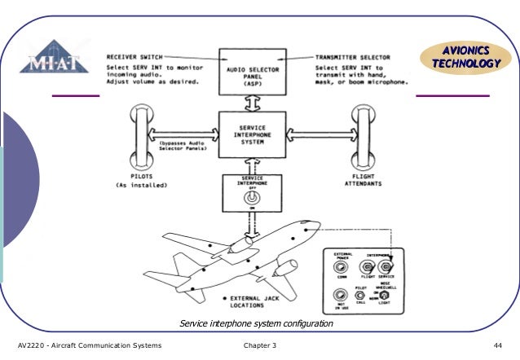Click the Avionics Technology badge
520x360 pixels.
[461, 57]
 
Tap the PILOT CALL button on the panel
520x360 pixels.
[364, 294]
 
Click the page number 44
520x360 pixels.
[496, 347]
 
